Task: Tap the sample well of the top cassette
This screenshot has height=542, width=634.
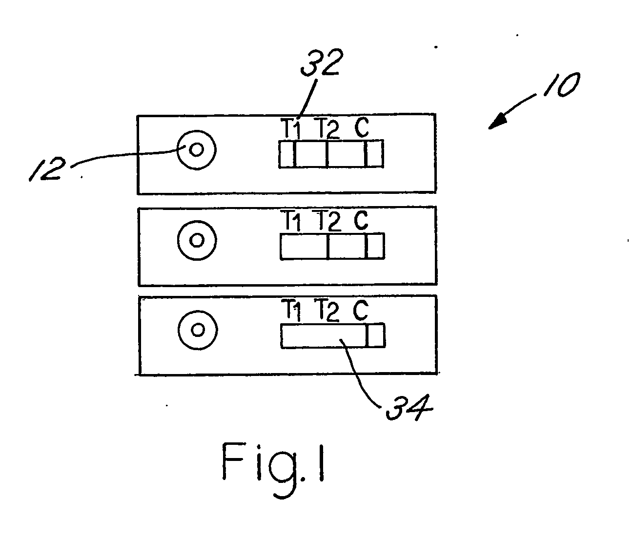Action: click(197, 149)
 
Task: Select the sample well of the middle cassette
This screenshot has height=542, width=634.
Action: click(197, 240)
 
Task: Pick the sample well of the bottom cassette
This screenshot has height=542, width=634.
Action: click(197, 330)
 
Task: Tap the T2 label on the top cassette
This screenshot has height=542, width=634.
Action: click(327, 129)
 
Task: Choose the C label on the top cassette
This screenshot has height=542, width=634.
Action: click(362, 128)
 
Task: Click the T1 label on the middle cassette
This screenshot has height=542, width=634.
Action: click(291, 222)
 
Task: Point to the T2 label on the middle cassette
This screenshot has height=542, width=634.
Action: click(327, 222)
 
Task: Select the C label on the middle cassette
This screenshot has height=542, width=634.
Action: click(362, 221)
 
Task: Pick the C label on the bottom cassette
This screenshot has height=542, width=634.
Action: click(361, 311)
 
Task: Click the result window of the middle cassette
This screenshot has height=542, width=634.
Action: click(332, 246)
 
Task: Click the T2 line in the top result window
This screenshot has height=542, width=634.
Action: click(327, 154)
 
